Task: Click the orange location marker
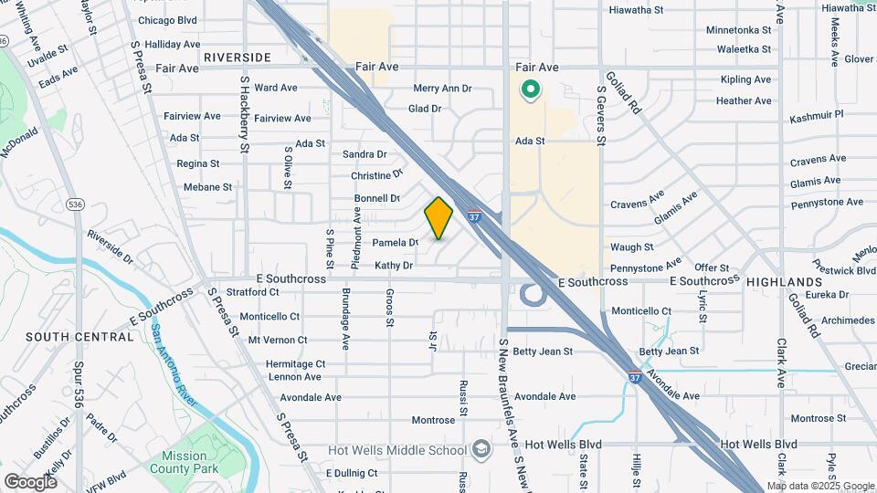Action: (438, 218)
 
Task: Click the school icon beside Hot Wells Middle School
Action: (481, 450)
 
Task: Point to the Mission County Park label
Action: (193, 462)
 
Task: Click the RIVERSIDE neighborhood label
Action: (238, 58)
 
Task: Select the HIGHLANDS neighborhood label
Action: (785, 282)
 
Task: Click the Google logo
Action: (30, 481)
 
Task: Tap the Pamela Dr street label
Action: (396, 243)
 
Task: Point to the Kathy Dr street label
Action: (394, 266)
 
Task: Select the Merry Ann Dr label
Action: (442, 89)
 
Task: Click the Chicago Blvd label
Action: (166, 19)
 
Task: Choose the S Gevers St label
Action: (601, 115)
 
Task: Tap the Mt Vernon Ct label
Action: (279, 340)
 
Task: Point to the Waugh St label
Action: (631, 247)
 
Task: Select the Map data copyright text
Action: (820, 485)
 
